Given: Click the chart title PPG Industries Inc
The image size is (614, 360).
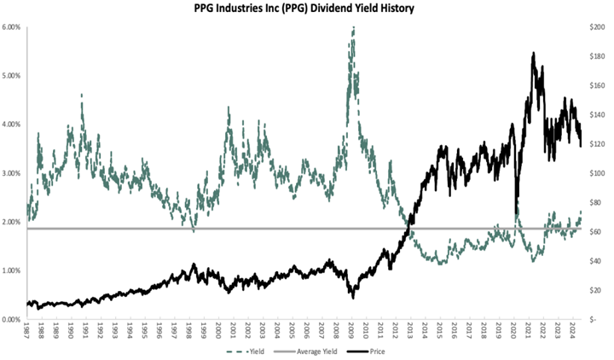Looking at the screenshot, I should [307, 9].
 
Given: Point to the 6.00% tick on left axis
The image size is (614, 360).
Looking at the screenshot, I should [13, 27].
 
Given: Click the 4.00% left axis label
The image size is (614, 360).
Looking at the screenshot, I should [13, 125].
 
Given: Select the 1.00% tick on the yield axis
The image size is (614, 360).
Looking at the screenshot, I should [13, 270].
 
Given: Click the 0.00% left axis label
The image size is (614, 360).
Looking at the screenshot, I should [13, 319].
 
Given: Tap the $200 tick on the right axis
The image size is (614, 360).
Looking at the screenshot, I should [598, 27].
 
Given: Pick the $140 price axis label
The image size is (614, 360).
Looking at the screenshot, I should [598, 115].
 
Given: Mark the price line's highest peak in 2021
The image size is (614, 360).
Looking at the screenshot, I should [533, 53].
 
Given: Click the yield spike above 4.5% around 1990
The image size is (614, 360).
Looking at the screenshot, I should [82, 95].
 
